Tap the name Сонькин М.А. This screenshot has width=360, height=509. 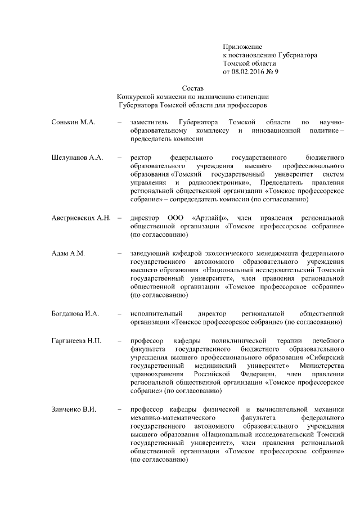click(74, 122)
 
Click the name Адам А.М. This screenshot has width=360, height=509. click(68, 254)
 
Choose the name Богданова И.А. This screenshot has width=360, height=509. click(75, 313)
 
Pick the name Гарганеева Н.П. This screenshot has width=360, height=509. click(77, 341)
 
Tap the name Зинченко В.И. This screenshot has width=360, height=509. click(74, 409)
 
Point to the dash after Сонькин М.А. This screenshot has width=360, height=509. click(119, 122)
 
